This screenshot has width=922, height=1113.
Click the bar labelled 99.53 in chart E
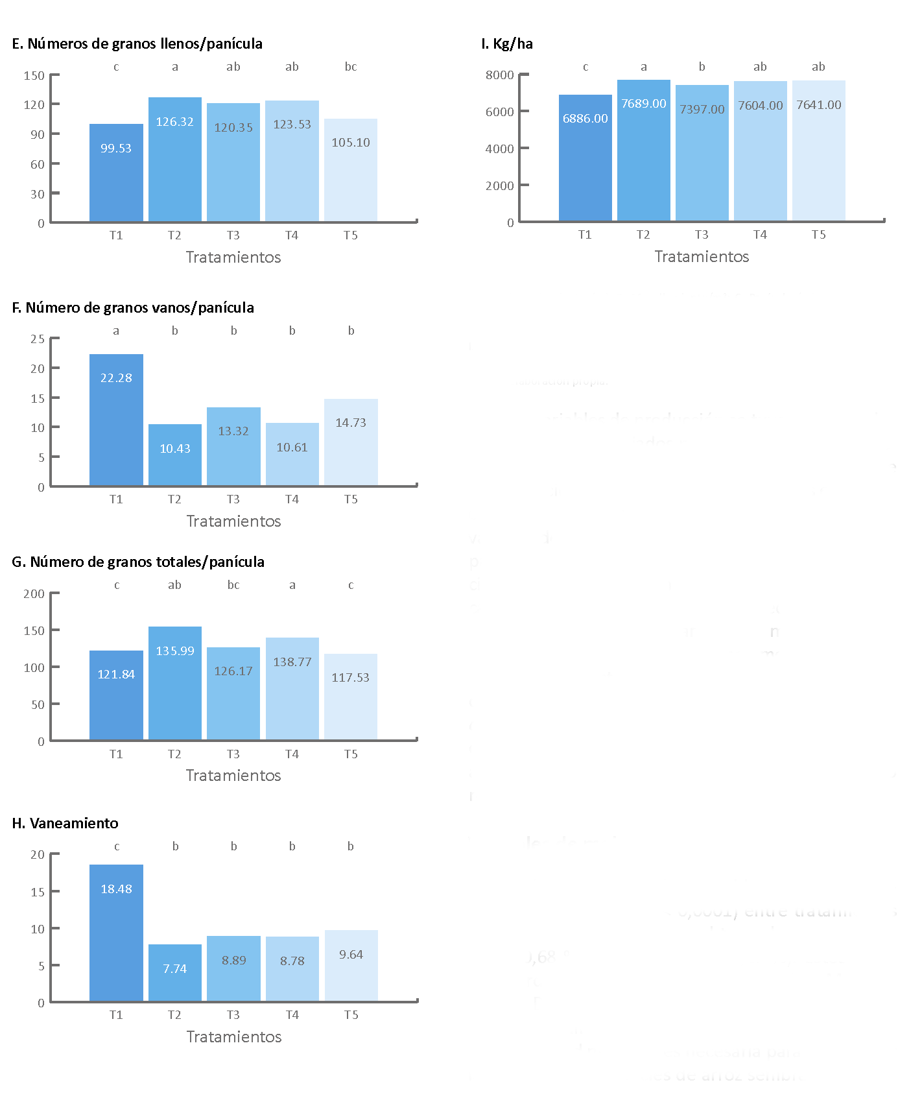[x=116, y=173]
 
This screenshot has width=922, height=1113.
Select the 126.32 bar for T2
[x=174, y=160]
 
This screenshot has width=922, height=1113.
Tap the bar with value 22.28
[x=116, y=420]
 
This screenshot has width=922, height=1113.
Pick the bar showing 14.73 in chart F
[x=351, y=442]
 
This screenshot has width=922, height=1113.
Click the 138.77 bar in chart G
[x=292, y=689]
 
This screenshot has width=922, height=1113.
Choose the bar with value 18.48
[x=116, y=933]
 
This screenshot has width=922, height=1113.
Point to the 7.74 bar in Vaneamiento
[x=174, y=973]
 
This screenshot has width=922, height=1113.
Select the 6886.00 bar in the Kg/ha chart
[x=585, y=158]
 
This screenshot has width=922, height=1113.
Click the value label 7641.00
[x=819, y=105]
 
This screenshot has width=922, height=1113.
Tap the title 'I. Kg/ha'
[x=507, y=44]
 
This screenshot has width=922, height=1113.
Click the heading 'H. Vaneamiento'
[x=65, y=823]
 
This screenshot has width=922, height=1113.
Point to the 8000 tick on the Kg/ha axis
[x=499, y=75]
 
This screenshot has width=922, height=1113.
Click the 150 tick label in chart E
[x=34, y=76]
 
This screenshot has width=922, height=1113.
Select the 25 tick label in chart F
[x=38, y=339]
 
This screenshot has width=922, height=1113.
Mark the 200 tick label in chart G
[x=34, y=594]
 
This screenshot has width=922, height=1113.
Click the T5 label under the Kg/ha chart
[x=818, y=235]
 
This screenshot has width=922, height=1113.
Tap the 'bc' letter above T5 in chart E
[x=351, y=67]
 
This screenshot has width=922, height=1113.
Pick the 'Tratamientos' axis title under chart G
[x=233, y=776]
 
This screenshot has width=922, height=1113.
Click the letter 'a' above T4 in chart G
[x=292, y=585]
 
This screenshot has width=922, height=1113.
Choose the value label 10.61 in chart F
[x=292, y=448]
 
